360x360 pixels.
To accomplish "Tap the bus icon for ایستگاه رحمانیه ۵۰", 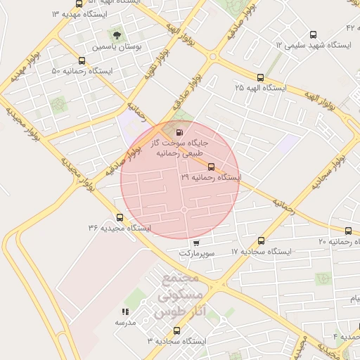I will [x=83, y=60].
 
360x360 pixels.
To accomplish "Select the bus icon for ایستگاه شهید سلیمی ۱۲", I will [x=314, y=34].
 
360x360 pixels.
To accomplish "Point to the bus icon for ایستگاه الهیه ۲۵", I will [x=260, y=77].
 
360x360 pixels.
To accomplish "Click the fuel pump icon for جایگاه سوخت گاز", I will [x=179, y=131].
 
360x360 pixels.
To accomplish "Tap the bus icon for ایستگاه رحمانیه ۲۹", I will [x=212, y=167].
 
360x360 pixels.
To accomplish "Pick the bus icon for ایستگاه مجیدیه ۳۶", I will [x=120, y=217].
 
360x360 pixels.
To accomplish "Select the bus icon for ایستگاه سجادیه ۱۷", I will [x=262, y=240].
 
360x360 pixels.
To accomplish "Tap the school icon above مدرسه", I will [x=125, y=311].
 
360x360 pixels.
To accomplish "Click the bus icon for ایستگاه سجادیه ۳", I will [x=176, y=330].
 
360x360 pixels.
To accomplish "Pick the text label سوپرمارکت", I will [x=196, y=252].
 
